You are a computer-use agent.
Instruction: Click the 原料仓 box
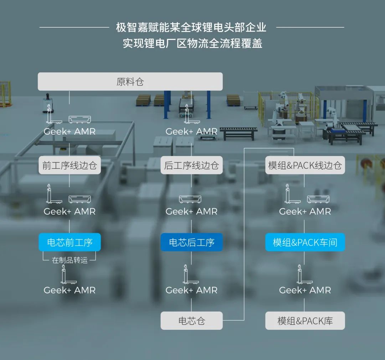pyautogui.click(x=130, y=82)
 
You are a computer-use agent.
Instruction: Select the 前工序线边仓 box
pyautogui.click(x=70, y=165)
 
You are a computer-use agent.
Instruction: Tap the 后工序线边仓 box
pyautogui.click(x=191, y=165)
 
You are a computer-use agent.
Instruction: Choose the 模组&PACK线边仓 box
pyautogui.click(x=305, y=165)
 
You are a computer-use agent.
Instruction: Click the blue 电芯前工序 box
pyautogui.click(x=70, y=242)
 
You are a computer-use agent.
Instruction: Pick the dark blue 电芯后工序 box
pyautogui.click(x=191, y=242)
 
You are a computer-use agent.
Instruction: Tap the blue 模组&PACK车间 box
pyautogui.click(x=305, y=242)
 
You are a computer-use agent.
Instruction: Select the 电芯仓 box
pyautogui.click(x=191, y=321)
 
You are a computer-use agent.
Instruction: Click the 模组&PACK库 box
pyautogui.click(x=305, y=321)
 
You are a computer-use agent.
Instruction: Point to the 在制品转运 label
pyautogui.click(x=70, y=260)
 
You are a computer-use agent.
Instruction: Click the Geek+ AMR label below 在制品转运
pyautogui.click(x=70, y=290)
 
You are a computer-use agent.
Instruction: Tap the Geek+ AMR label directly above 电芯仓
pyautogui.click(x=191, y=290)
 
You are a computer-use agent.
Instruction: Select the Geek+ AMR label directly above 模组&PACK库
pyautogui.click(x=305, y=290)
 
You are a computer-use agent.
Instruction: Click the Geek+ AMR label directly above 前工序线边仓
pyautogui.click(x=70, y=131)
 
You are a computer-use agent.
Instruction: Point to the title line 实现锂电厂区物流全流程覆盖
pyautogui.click(x=192, y=43)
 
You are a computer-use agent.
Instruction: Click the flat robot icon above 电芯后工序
pyautogui.click(x=190, y=199)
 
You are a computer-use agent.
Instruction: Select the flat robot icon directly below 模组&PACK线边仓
pyautogui.click(x=318, y=199)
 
